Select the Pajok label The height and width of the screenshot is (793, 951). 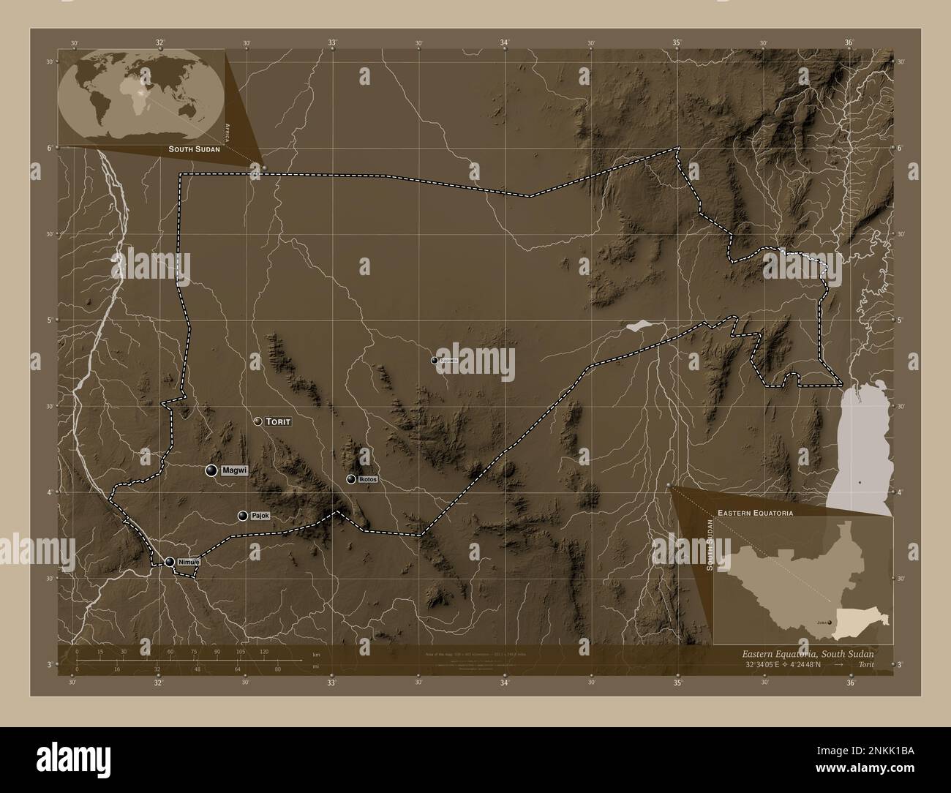[x=260, y=516]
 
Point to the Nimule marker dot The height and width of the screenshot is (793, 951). [x=170, y=562]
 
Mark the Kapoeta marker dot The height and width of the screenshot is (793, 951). [x=434, y=360]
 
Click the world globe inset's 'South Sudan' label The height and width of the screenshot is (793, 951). [x=193, y=149]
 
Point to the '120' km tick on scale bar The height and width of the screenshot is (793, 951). [x=264, y=651]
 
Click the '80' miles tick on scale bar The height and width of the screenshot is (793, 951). [x=278, y=669]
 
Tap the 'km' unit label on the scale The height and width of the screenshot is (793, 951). [x=316, y=655]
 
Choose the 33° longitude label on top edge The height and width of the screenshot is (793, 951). [x=332, y=42]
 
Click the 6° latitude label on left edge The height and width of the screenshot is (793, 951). [x=49, y=148]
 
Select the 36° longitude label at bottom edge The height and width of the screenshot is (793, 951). [x=850, y=684]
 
